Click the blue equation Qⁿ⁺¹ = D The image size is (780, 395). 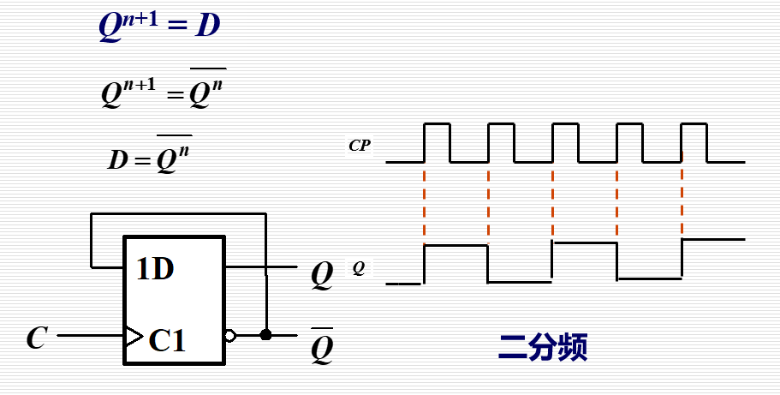158,26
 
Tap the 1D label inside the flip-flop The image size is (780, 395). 155,270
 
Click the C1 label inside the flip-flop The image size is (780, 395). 166,340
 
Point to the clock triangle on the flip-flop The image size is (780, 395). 133,336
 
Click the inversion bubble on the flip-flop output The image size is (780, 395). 229,336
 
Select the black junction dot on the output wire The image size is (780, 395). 265,335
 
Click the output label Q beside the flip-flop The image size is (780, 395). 322,274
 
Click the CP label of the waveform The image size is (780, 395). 360,146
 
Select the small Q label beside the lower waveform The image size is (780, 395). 359,268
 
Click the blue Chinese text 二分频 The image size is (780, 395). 543,347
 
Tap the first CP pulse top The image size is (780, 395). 437,124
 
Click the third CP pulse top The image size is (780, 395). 565,124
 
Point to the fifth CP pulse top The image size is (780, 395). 694,124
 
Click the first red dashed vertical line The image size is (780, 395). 424,201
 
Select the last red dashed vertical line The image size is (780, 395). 682,201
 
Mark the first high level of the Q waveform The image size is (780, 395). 455,246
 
